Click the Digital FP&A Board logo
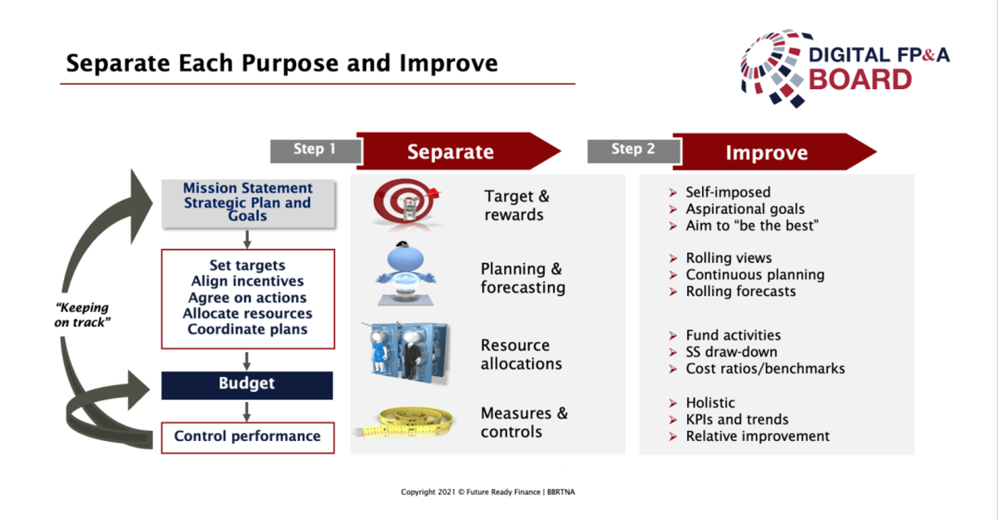click(x=845, y=68)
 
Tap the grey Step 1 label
click(x=315, y=151)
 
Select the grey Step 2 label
click(x=634, y=151)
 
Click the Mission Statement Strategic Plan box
click(x=248, y=204)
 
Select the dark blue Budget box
click(x=247, y=385)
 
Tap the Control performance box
click(x=248, y=438)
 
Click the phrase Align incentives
click(x=247, y=281)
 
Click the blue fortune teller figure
click(x=406, y=274)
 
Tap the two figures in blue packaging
click(x=406, y=353)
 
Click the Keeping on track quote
click(x=82, y=314)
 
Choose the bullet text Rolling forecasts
click(x=740, y=291)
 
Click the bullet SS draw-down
click(x=731, y=352)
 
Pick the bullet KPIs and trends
click(x=737, y=419)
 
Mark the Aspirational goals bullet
click(x=745, y=209)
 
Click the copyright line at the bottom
click(x=488, y=492)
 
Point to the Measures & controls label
click(x=524, y=423)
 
